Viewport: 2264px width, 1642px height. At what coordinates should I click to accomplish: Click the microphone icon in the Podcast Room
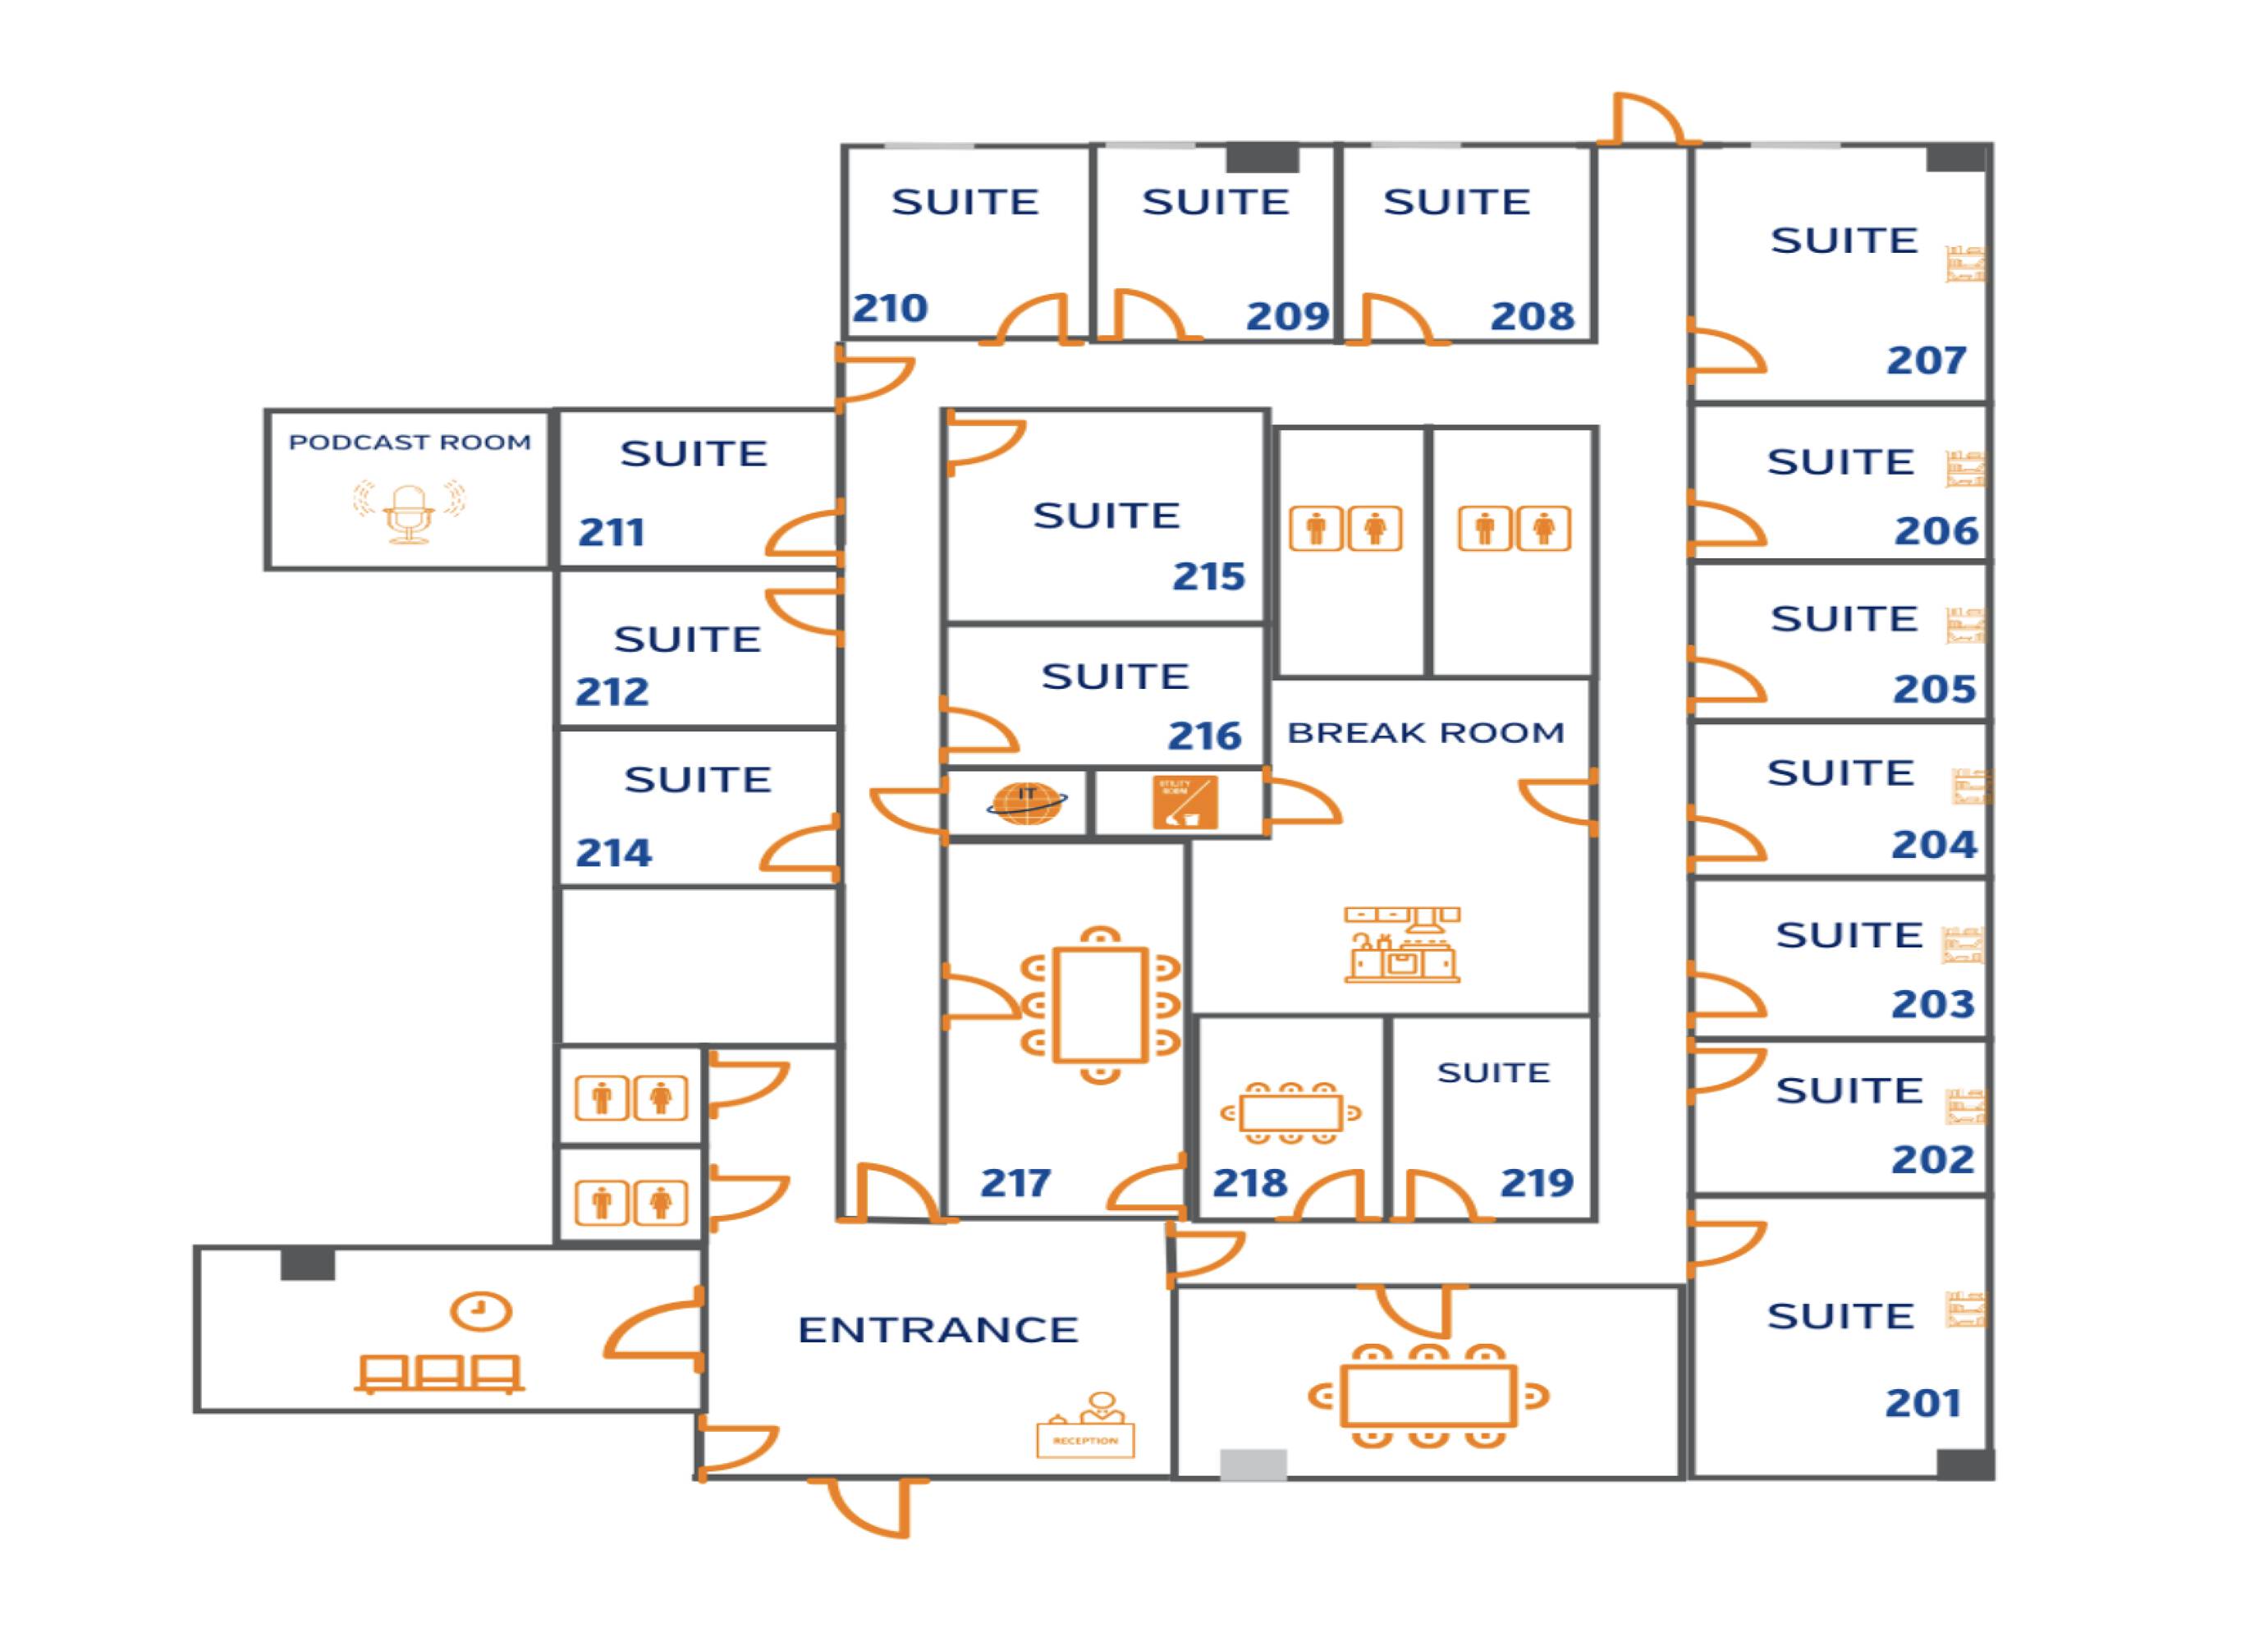(x=410, y=513)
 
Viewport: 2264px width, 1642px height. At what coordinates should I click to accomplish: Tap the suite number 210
(x=890, y=309)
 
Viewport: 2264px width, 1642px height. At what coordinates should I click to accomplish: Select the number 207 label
(x=1926, y=360)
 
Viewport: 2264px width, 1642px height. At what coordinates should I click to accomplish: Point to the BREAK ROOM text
(x=1426, y=732)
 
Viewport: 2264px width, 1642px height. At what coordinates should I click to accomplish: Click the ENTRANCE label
(x=938, y=1329)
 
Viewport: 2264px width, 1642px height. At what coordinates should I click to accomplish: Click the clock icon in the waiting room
(x=481, y=1310)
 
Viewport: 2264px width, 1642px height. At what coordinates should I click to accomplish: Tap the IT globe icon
(x=1025, y=803)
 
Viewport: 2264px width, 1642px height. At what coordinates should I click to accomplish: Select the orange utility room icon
(x=1185, y=803)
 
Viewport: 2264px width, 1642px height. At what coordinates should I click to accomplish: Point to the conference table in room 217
(x=1100, y=1005)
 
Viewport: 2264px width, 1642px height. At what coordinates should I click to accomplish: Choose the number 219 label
(x=1537, y=1183)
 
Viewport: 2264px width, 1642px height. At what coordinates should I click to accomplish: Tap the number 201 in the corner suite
(x=1923, y=1403)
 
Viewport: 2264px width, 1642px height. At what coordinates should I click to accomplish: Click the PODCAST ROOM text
(x=410, y=443)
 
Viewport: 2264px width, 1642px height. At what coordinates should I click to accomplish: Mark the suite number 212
(x=612, y=692)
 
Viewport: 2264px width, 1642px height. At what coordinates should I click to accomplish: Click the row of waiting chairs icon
(x=439, y=1374)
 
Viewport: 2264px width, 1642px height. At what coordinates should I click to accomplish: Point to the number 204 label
(x=1933, y=846)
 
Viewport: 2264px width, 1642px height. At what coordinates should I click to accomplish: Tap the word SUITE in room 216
(x=1115, y=677)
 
